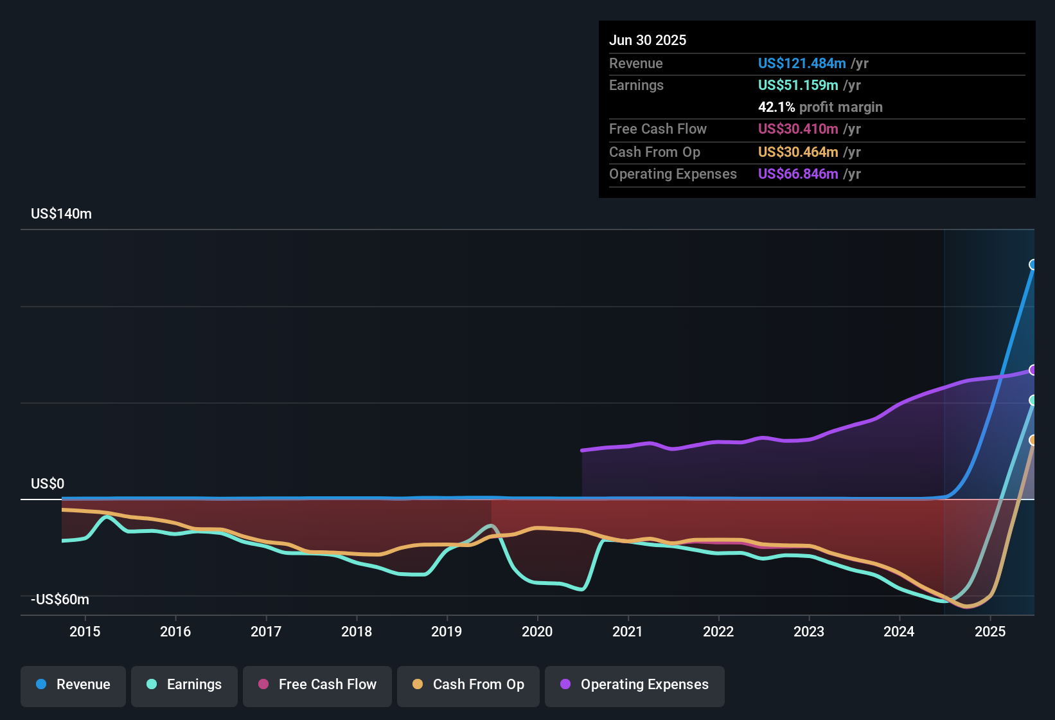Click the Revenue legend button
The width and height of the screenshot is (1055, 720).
coord(73,685)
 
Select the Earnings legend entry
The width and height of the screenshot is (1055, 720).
coord(184,685)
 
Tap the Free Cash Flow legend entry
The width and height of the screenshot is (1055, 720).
coord(317,685)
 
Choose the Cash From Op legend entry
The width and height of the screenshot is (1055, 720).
coord(468,685)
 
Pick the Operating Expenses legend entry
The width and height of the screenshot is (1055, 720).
coord(635,685)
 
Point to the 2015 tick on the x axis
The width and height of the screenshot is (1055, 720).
coord(85,631)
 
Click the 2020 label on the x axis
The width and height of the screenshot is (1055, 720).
coord(537,631)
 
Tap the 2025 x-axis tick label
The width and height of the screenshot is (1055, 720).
coord(990,631)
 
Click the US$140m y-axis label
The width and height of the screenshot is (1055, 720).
coord(61,214)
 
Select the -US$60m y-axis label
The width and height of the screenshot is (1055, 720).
coord(60,600)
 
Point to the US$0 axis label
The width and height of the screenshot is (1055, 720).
coord(48,484)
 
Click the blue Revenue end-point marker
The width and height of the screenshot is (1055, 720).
coord(1033,265)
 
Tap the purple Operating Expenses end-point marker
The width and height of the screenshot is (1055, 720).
coord(1033,370)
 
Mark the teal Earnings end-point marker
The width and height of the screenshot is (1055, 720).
coord(1033,401)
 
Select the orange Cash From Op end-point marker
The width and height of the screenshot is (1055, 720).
coord(1033,440)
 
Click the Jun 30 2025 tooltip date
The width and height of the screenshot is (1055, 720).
coord(648,40)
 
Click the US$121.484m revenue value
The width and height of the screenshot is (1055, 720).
coord(801,63)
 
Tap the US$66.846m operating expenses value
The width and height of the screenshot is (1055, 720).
coord(797,174)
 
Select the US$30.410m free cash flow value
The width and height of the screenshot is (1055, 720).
coord(797,129)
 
